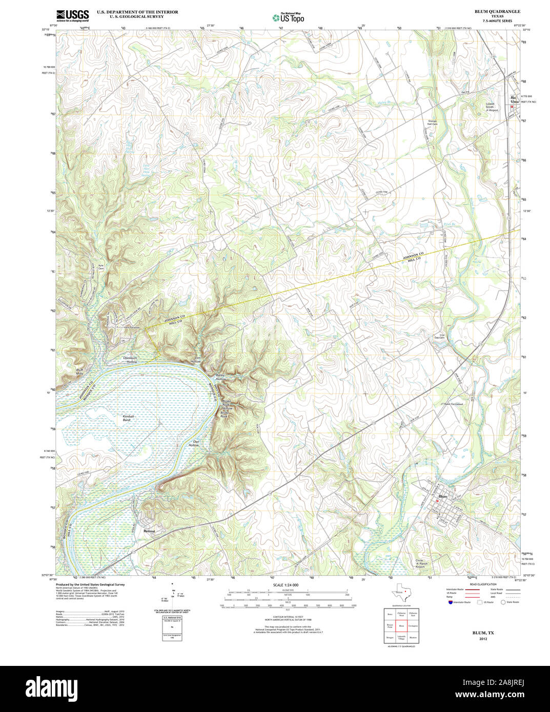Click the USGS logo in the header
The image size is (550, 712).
pos(72,15)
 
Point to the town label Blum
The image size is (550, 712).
pos(443,496)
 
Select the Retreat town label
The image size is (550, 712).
pos(149,531)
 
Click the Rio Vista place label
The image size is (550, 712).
pos(514,99)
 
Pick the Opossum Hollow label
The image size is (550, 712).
pos(130,360)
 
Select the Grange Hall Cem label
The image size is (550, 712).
pos(433,122)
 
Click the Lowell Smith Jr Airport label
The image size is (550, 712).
pos(493,107)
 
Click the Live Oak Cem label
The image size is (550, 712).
pos(439,337)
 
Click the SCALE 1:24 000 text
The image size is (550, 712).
pos(286,584)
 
